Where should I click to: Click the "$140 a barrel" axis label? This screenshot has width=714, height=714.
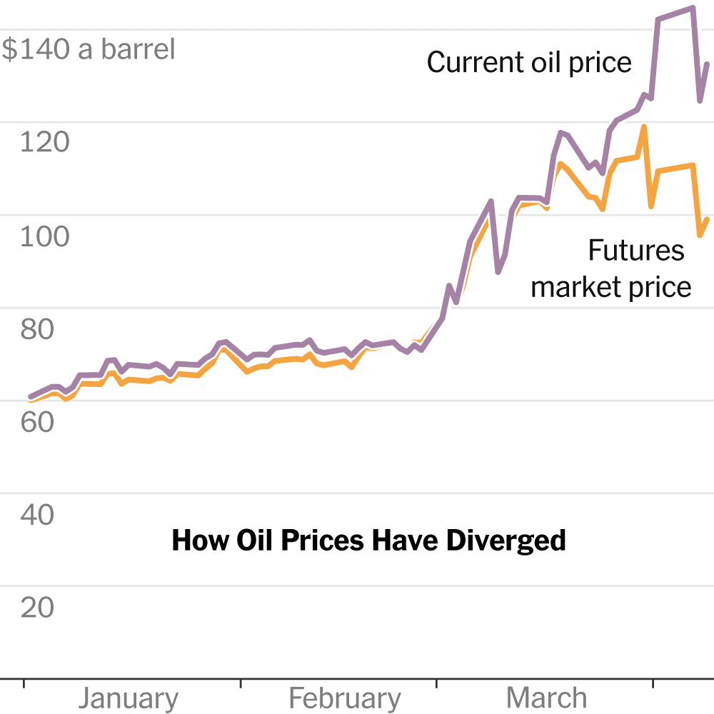click(88, 50)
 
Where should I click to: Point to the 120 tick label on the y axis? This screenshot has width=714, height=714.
click(44, 143)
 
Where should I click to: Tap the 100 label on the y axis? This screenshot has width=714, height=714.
click(44, 236)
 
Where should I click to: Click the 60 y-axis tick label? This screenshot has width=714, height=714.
click(36, 422)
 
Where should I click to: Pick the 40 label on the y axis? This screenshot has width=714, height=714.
click(36, 514)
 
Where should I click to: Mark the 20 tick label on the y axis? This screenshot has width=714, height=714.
click(36, 608)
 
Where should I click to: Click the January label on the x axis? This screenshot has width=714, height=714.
click(129, 698)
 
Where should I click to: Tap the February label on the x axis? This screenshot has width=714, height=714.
click(345, 698)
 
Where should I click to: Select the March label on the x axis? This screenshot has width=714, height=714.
click(547, 698)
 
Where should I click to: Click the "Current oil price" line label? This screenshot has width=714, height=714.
click(529, 63)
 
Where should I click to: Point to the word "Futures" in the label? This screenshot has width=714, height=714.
click(635, 251)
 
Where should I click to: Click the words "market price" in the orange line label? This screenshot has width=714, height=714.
click(611, 287)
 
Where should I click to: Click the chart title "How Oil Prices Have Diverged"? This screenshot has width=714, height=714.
click(368, 540)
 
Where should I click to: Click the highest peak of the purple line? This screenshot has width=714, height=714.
click(692, 9)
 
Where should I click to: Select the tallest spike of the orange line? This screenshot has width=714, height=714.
click(645, 127)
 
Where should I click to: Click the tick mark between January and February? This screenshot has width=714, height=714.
click(241, 683)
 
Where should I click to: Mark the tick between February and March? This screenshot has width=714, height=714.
click(436, 683)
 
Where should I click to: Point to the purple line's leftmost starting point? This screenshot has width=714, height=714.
click(30, 396)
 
